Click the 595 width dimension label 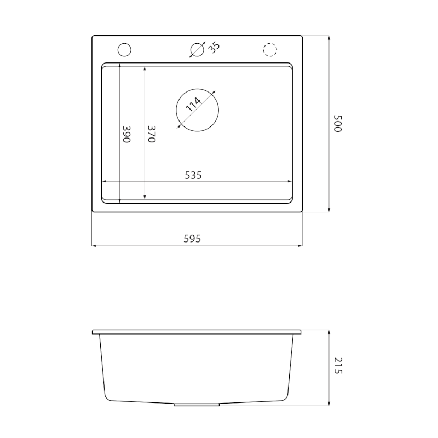point(192,239)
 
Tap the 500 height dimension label point(338,124)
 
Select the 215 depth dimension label point(338,365)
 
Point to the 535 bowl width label point(193,175)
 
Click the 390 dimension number point(126,134)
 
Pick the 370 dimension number point(152,134)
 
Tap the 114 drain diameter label point(193,105)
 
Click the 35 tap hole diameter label point(214,48)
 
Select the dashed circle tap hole point(270,44)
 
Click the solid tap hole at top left point(124,43)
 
